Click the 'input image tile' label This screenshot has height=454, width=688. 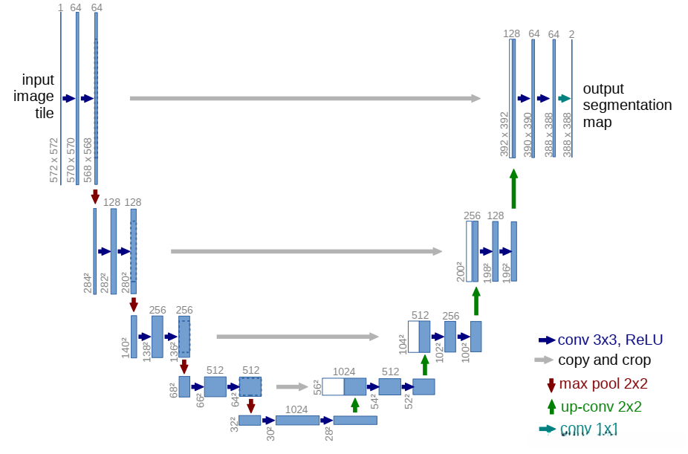pos(38,97)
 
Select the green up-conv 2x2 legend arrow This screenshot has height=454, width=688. pos(551,406)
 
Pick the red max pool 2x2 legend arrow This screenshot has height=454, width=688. pos(551,384)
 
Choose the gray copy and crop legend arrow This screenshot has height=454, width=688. pos(545,360)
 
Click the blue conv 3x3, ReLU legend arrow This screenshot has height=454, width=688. pos(547,340)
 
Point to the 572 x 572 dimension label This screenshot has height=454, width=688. pos(53,160)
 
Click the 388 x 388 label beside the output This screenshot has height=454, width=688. pos(568,134)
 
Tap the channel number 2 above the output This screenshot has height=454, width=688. pos(571,33)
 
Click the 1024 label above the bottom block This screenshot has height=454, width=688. pos(296,409)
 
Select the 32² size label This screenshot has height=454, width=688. pos(233,424)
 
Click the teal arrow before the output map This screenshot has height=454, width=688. pos(564,98)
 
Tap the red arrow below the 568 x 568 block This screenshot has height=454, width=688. pos(94,196)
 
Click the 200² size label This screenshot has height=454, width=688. pos(461,271)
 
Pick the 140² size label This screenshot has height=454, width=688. pos(126,348)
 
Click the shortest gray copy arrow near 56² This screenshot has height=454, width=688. pos(291,386)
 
